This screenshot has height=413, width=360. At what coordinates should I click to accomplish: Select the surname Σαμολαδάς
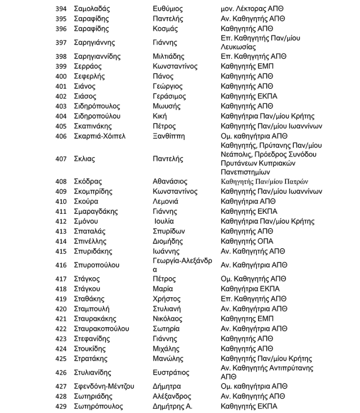pos(92,9)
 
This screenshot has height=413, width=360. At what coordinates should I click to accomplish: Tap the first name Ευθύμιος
pos(168,9)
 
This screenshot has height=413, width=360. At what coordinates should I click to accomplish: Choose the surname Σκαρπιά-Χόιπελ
pos(100,136)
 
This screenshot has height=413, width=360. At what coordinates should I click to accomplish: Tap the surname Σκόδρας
pos(89,181)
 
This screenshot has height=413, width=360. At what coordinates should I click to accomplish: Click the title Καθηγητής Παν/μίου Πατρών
pos(265,181)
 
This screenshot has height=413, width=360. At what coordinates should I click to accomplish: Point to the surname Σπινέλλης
pos(90,241)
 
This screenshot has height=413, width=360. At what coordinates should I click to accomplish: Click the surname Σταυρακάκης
pos(96,319)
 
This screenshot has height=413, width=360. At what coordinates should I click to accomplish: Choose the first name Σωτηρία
pos(166,329)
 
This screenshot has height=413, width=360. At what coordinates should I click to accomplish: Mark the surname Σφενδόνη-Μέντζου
pos(104,387)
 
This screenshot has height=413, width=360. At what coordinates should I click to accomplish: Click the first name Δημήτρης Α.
pos(173,406)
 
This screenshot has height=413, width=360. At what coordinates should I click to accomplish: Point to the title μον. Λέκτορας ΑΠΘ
pos(252,9)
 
